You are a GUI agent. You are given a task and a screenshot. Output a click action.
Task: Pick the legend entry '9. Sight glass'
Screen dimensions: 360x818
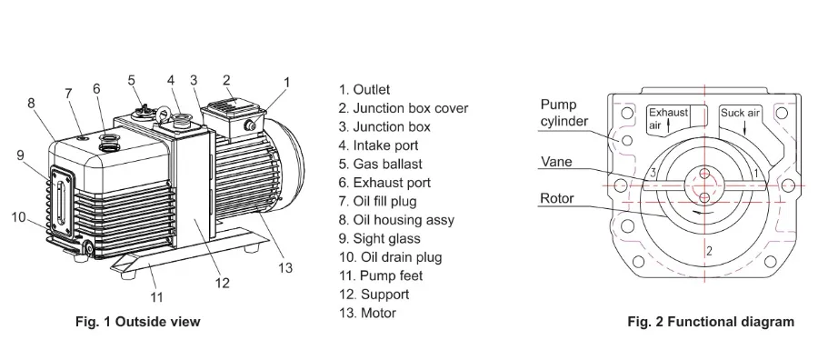click(x=379, y=238)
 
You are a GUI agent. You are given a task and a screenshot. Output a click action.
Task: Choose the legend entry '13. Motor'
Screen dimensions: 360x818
click(x=367, y=313)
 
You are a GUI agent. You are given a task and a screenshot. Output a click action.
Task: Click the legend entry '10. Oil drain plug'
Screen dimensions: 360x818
click(x=390, y=257)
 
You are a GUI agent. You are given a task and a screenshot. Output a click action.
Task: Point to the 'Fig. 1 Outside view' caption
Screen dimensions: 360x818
click(x=137, y=321)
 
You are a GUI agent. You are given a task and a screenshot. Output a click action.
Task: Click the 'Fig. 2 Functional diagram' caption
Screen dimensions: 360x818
click(x=710, y=321)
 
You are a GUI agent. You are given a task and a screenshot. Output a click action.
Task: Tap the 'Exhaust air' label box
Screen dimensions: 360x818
click(x=667, y=118)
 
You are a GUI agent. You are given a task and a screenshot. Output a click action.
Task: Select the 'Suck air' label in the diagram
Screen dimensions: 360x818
click(x=740, y=114)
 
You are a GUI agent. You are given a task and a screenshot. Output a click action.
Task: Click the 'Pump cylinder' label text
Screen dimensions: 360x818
click(x=564, y=113)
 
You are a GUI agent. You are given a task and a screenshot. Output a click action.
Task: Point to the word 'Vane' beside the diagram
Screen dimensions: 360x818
click(x=555, y=163)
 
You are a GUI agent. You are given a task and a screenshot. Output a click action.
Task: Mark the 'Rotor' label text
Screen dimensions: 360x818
click(x=556, y=198)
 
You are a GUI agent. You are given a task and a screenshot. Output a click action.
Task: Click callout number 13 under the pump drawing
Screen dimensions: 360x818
click(x=285, y=267)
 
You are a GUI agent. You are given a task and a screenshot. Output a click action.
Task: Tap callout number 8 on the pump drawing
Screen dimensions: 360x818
click(x=31, y=104)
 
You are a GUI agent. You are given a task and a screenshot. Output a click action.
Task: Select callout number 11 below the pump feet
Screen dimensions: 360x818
click(x=156, y=296)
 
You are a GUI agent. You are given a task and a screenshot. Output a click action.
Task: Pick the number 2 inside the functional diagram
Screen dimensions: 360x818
click(x=709, y=250)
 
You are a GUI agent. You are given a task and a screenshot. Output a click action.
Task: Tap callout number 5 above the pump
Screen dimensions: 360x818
click(x=132, y=80)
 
